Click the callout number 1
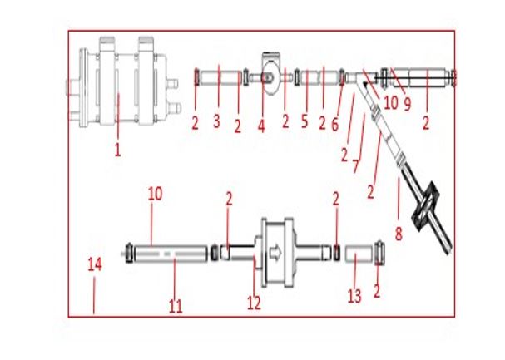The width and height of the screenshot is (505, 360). pyautogui.click(x=117, y=150)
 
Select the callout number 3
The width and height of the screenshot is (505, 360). pyautogui.click(x=216, y=121)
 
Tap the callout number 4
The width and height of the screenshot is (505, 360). pyautogui.click(x=261, y=126)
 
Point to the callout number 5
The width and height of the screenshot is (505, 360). pyautogui.click(x=304, y=121)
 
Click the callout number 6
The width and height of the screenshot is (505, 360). pyautogui.click(x=335, y=125)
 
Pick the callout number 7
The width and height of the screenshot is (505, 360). pyautogui.click(x=355, y=166)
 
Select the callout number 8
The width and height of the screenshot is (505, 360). pyautogui.click(x=399, y=234)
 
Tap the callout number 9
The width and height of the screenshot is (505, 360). pyautogui.click(x=408, y=104)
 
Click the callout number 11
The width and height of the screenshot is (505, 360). pyautogui.click(x=176, y=306)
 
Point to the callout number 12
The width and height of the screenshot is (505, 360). pyautogui.click(x=254, y=303)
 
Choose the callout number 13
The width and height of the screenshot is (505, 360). pyautogui.click(x=354, y=296)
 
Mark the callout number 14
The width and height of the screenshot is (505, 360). pyautogui.click(x=95, y=264)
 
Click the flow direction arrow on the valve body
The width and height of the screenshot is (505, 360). pyautogui.click(x=275, y=253)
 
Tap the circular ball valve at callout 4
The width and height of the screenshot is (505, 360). pyautogui.click(x=271, y=77)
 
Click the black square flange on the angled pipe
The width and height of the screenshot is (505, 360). pyautogui.click(x=426, y=206)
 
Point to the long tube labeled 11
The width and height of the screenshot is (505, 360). pyautogui.click(x=171, y=254)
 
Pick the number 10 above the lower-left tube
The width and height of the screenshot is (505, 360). pyautogui.click(x=156, y=194)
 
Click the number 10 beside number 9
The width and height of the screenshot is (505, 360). pyautogui.click(x=391, y=103)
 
